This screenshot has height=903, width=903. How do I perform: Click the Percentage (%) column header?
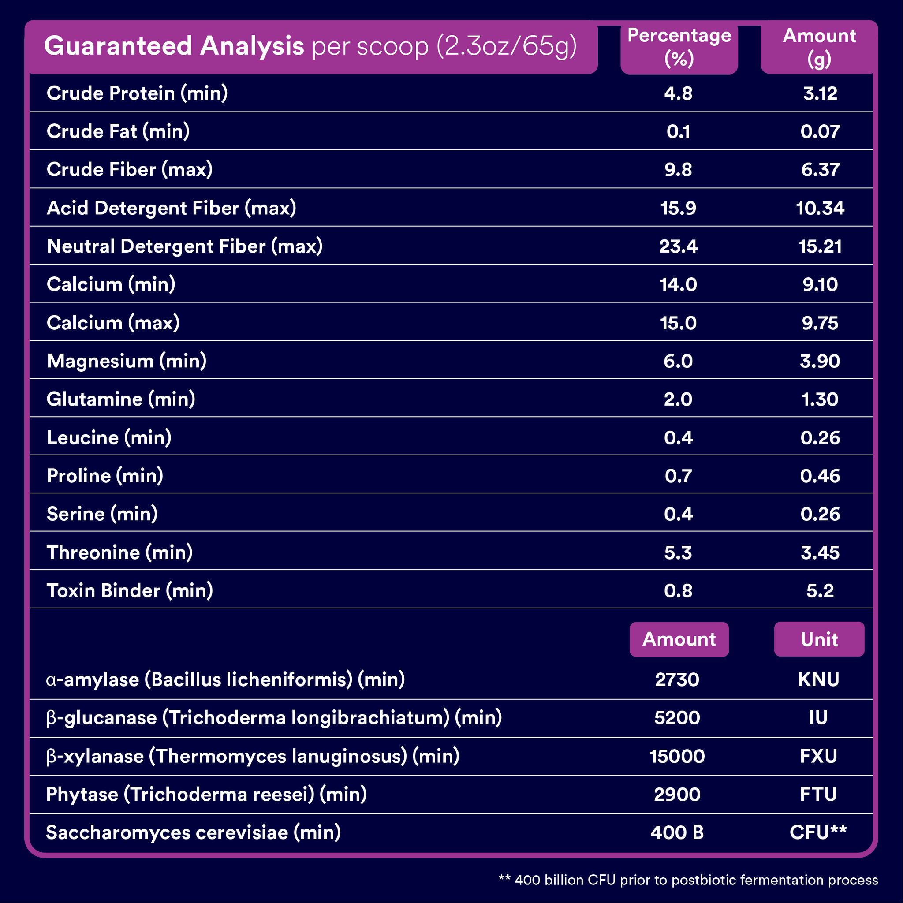(x=679, y=47)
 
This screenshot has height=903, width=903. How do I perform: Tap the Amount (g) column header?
(x=819, y=47)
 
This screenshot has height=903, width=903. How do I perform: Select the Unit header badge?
(x=819, y=639)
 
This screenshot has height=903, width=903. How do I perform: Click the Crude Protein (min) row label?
(x=138, y=93)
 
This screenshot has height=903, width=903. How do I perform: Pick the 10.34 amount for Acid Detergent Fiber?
(x=820, y=208)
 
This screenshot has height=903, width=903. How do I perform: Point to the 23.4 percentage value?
(x=678, y=246)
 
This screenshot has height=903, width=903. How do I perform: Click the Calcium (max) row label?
(x=113, y=323)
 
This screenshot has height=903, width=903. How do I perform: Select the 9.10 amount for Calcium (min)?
(x=820, y=285)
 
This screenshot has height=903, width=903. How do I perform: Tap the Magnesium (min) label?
(x=127, y=361)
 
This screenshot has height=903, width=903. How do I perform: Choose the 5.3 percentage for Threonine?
(x=678, y=552)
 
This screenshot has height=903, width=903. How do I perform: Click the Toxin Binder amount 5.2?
(x=820, y=591)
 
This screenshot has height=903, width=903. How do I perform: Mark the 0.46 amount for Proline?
(x=820, y=476)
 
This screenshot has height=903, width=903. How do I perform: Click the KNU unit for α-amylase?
(x=818, y=679)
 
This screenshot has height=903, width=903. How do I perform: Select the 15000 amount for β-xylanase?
(x=677, y=756)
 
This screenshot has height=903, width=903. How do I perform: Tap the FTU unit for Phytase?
(x=818, y=794)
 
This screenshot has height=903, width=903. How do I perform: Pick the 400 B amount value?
(x=677, y=832)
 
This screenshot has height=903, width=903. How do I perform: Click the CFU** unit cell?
(x=818, y=832)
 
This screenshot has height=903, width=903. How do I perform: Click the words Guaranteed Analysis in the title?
(x=174, y=46)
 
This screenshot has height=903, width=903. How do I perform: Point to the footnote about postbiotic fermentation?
(x=688, y=880)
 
